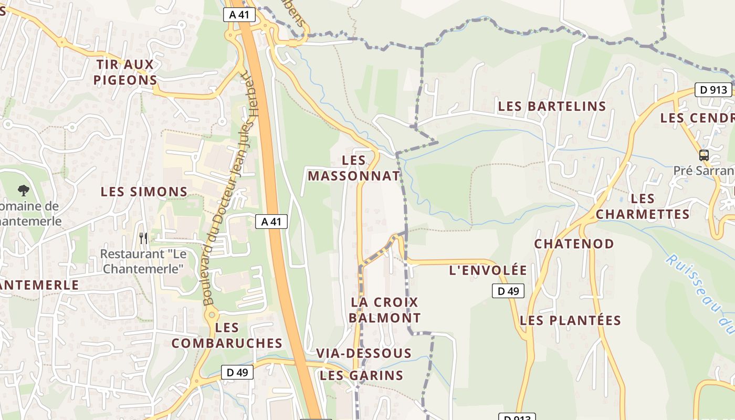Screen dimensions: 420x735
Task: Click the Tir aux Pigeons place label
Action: [125, 72]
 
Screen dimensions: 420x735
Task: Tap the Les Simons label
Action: [144, 192]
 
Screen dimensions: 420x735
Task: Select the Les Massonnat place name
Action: [354, 168]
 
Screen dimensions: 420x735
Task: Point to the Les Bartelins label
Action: [552, 106]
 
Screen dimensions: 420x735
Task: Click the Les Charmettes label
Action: [643, 206]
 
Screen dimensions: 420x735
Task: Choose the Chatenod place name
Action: [574, 244]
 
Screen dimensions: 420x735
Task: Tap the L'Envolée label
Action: [488, 270]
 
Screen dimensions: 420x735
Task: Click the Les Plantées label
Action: [570, 320]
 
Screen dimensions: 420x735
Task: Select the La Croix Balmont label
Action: [385, 310]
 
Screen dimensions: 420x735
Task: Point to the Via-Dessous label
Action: [363, 353]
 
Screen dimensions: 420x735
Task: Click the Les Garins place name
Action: [361, 375]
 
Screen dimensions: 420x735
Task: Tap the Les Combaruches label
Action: [227, 335]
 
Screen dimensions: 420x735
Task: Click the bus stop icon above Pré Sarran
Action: [703, 155]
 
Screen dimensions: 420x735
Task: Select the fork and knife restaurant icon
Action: [143, 238]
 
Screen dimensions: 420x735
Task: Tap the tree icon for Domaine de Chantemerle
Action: [23, 190]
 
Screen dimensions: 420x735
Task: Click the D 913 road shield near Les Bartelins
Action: [713, 90]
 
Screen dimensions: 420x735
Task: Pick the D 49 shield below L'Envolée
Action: [508, 291]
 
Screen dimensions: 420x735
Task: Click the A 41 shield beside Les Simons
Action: [271, 222]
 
